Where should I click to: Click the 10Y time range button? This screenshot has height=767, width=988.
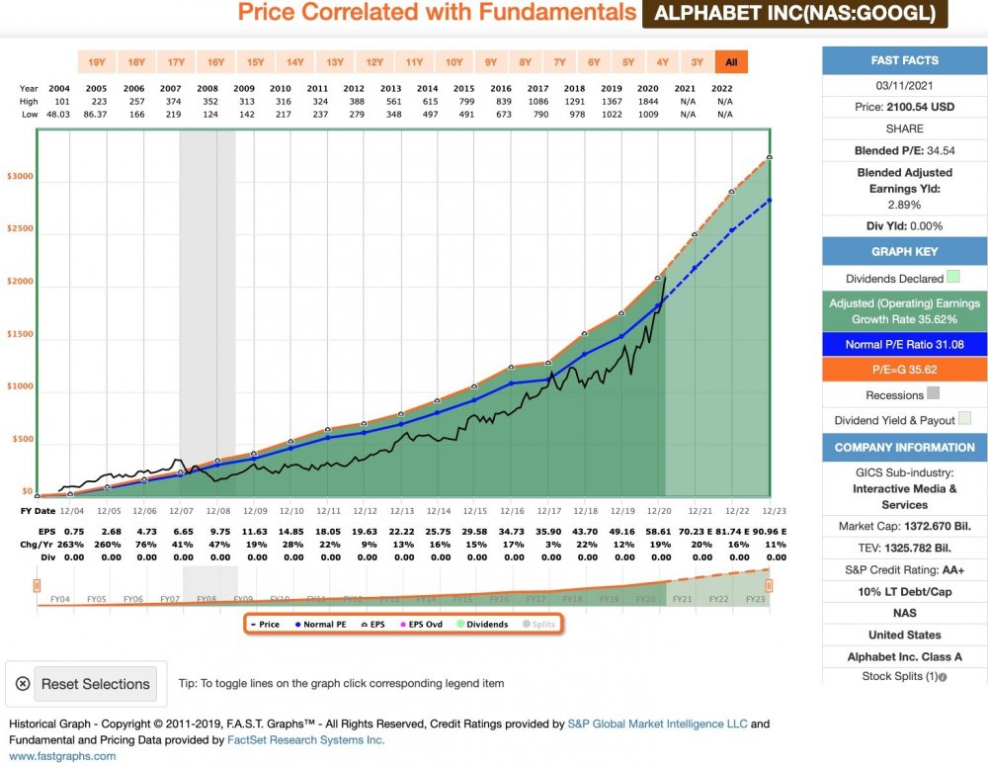453,62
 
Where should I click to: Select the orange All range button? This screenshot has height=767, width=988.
731,62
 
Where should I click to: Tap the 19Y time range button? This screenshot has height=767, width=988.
97,62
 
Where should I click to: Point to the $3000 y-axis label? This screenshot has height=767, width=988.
20,177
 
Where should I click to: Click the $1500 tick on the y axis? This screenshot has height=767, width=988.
20,334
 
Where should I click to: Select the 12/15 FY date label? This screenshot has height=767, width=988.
475,511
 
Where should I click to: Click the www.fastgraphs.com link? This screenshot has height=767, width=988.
62,756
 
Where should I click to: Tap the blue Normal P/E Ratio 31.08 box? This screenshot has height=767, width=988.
905,345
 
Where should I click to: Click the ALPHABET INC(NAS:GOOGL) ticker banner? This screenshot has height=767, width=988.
794,13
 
